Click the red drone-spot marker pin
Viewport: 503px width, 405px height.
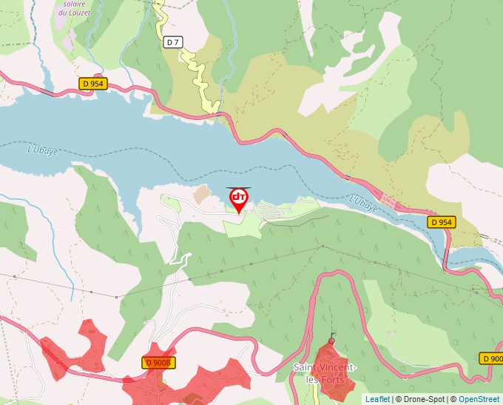tap(239, 198)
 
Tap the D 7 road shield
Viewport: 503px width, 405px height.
tap(172, 42)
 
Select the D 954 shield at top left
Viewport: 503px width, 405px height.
tap(93, 84)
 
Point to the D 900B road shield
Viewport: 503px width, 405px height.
tap(158, 362)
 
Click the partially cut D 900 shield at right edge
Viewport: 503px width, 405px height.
tap(492, 358)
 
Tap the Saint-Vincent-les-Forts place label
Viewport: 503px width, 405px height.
tap(325, 374)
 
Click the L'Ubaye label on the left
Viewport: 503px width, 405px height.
tap(42, 150)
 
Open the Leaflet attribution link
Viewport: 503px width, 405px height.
tap(377, 399)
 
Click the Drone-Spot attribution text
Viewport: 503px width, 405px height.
tap(420, 399)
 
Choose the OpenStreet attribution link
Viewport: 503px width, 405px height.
tap(479, 399)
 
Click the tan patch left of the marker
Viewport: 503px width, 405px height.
tap(201, 194)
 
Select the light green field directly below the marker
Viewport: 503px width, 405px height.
tap(242, 227)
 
